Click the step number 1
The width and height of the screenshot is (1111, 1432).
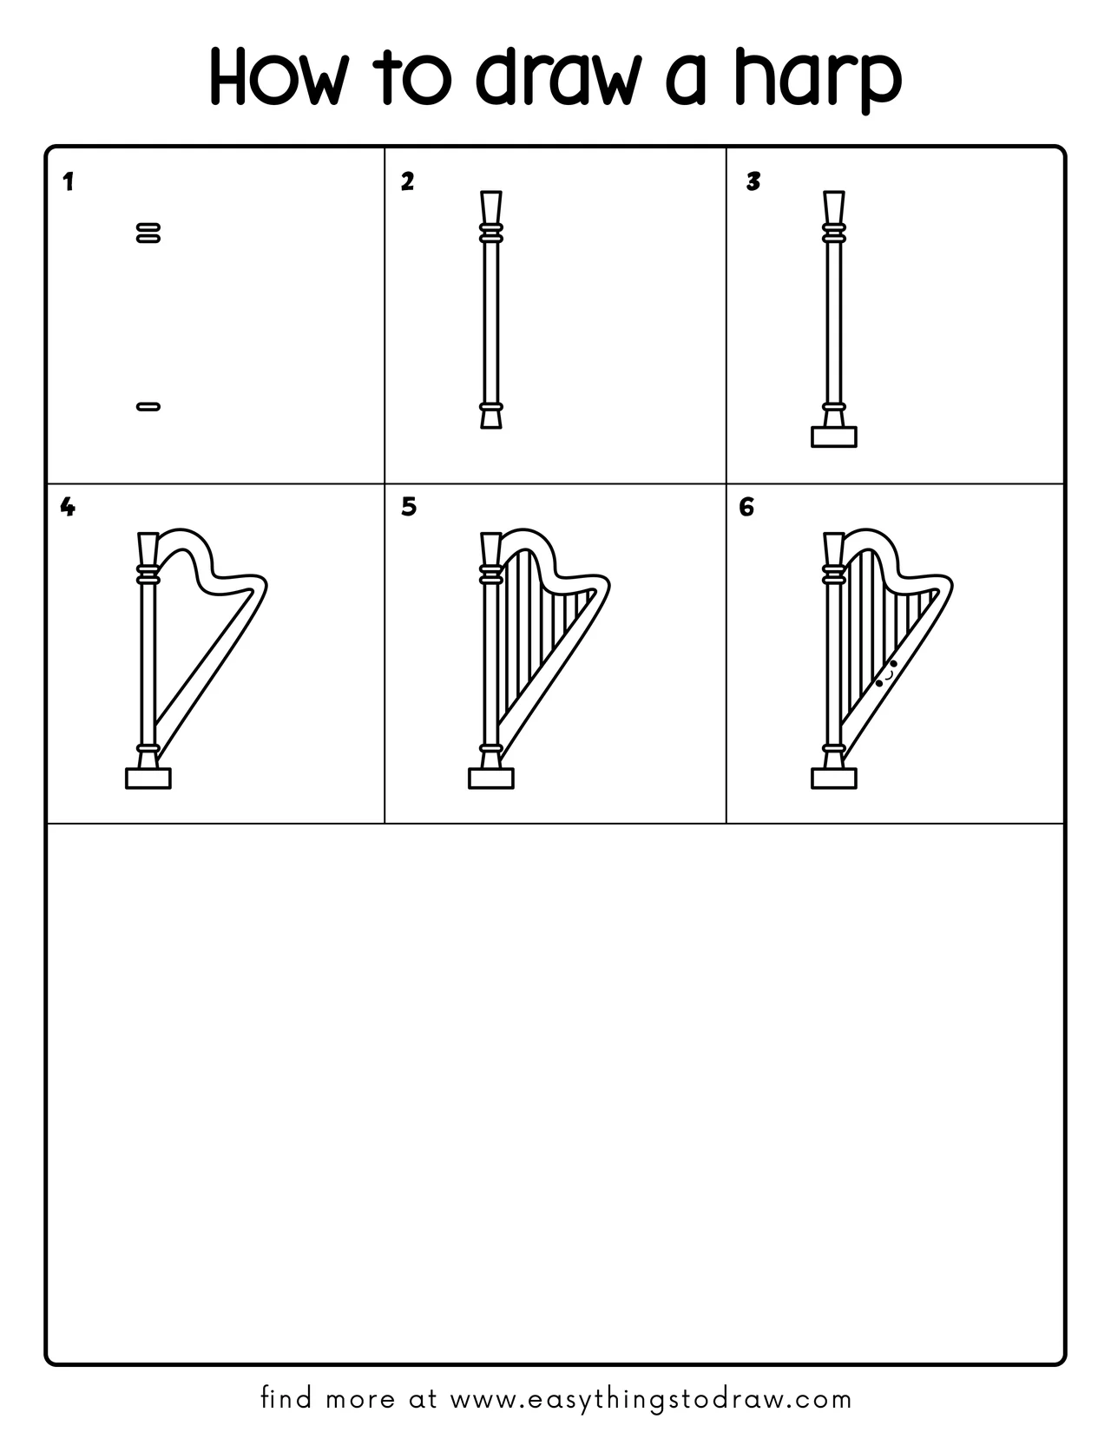click(69, 182)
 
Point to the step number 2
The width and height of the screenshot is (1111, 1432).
click(407, 181)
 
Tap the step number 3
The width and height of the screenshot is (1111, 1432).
click(753, 181)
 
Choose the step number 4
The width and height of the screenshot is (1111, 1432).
click(68, 507)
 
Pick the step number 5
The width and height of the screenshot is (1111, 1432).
click(409, 507)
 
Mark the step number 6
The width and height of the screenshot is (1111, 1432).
click(746, 507)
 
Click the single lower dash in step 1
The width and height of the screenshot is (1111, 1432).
click(148, 405)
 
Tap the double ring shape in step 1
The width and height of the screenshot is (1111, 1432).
click(148, 232)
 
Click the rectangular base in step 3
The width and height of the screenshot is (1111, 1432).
click(833, 437)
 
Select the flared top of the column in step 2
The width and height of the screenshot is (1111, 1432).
click(490, 207)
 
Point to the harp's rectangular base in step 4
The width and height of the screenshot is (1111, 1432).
click(148, 778)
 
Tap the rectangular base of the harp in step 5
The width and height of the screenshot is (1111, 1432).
click(491, 778)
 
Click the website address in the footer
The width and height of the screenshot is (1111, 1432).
click(651, 1399)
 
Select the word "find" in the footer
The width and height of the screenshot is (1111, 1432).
click(286, 1399)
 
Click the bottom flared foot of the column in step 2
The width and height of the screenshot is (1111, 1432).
click(490, 420)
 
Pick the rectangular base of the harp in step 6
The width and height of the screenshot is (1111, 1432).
click(833, 778)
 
